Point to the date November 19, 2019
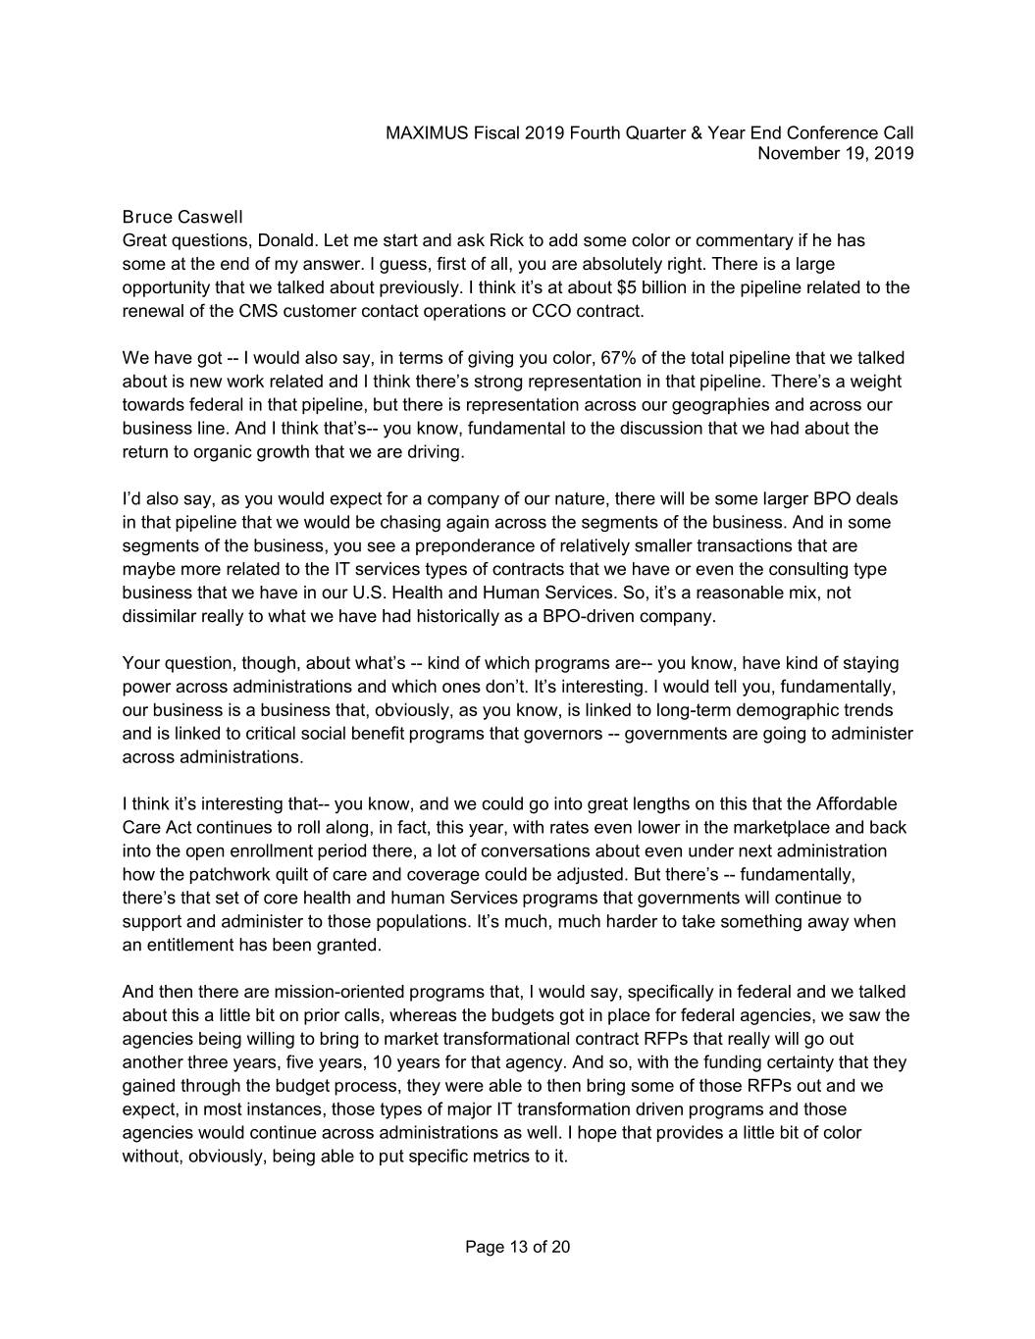click(836, 153)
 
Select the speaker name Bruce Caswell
click(182, 217)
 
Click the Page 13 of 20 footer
click(518, 1248)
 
